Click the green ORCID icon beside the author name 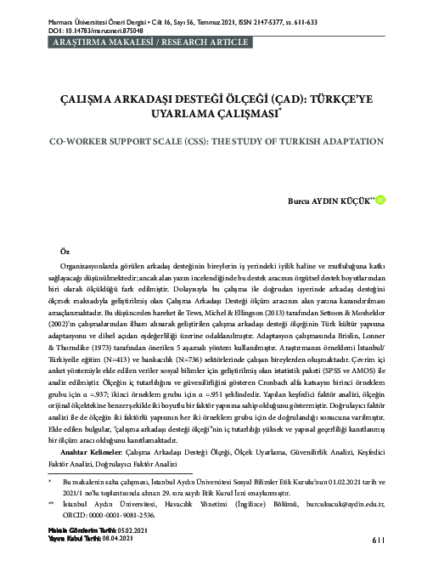pyautogui.click(x=380, y=200)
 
